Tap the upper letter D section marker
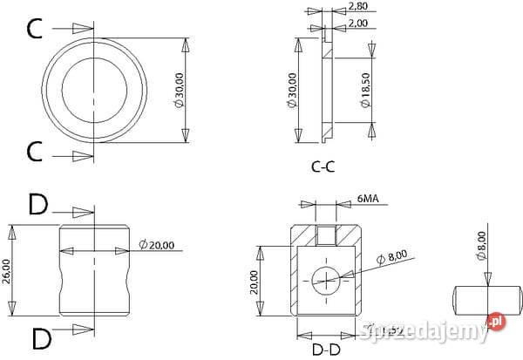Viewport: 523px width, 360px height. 37,206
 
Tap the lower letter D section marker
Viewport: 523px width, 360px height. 37,336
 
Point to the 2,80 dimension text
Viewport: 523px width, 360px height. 357,6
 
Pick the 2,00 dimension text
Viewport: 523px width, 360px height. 357,24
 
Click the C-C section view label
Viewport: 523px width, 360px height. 323,167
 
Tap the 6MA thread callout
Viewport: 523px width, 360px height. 368,200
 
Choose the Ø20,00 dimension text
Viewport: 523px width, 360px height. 159,243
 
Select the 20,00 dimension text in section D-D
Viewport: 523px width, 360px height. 253,280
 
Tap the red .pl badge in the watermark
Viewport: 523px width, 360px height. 495,323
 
